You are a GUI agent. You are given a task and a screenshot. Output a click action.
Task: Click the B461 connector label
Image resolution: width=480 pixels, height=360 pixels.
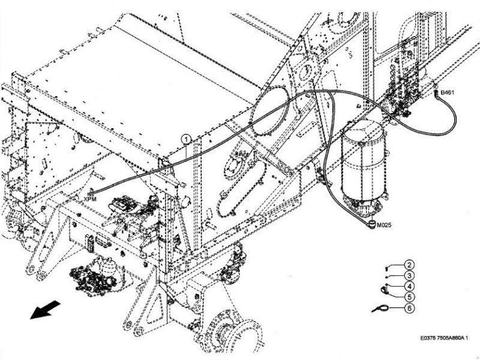[448, 94]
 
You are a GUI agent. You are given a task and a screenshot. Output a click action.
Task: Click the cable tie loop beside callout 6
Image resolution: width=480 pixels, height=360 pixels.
[380, 308]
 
